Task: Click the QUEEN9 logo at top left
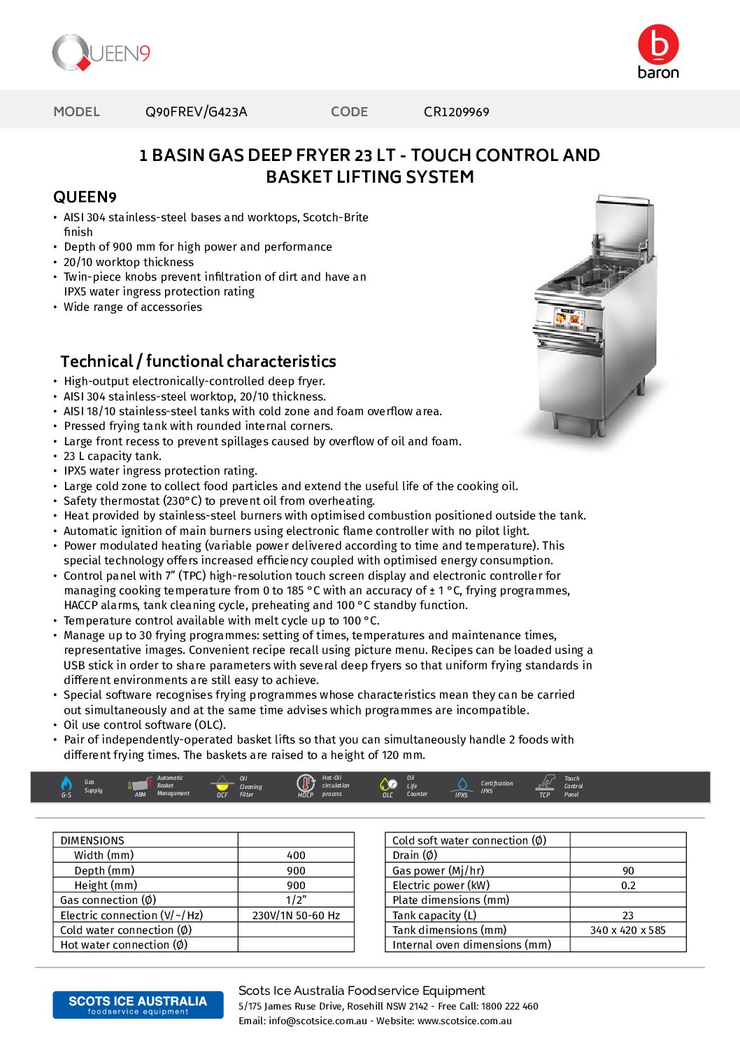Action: (x=101, y=53)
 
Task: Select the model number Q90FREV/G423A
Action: (x=196, y=112)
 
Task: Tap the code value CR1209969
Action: (x=456, y=112)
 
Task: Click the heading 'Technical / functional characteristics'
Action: (x=198, y=361)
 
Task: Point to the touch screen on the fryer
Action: (x=568, y=319)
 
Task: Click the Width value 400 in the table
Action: (x=296, y=855)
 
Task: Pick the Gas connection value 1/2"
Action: (x=296, y=900)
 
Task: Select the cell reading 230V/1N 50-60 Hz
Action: (x=296, y=916)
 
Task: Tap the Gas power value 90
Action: (x=628, y=871)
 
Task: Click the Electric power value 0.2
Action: (x=628, y=886)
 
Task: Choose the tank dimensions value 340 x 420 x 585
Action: (x=628, y=930)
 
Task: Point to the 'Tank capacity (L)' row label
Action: (x=434, y=916)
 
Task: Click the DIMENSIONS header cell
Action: (x=92, y=841)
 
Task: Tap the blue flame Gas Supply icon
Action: (x=66, y=784)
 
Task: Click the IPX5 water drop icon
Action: (x=462, y=784)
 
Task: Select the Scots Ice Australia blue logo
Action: (x=138, y=1005)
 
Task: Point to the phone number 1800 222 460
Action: (x=510, y=1006)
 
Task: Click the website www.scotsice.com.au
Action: (x=464, y=1021)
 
